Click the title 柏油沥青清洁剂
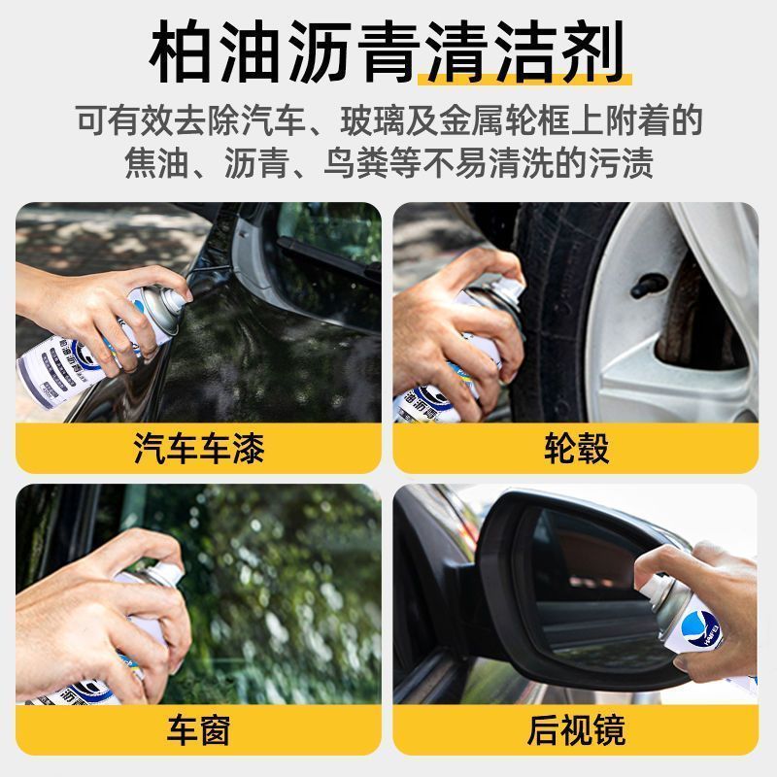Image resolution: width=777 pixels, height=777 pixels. (387, 52)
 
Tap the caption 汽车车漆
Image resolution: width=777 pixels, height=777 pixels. (199, 448)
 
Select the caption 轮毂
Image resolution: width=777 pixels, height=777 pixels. (576, 448)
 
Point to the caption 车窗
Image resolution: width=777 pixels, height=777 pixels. (199, 729)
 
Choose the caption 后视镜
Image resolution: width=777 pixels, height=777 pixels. (576, 729)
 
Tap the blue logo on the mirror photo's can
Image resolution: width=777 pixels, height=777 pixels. (699, 625)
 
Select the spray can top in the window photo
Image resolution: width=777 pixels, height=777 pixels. (159, 576)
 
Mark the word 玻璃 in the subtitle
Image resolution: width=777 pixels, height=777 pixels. (373, 120)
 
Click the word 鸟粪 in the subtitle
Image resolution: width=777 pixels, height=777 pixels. (356, 162)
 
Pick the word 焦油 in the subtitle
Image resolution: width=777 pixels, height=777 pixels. (156, 162)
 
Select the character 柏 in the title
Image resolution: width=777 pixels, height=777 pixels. (182, 52)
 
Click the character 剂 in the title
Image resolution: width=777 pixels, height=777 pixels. (592, 52)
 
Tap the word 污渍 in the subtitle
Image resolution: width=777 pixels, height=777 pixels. (622, 162)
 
